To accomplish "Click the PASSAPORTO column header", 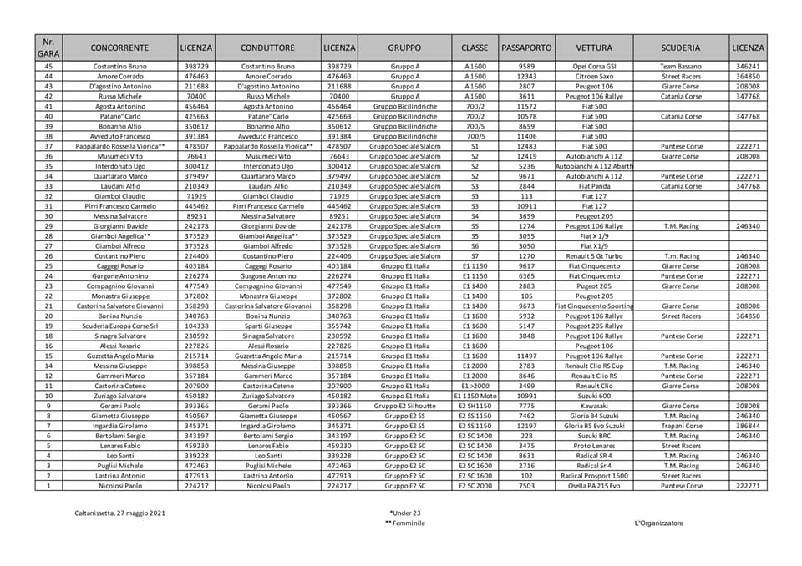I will click(x=526, y=48).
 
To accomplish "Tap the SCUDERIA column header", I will click(x=680, y=48).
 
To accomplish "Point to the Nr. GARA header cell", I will click(x=48, y=48).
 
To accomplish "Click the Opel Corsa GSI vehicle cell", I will click(x=594, y=66).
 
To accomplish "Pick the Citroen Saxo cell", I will click(x=594, y=76).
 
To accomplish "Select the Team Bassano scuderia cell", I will click(x=680, y=66).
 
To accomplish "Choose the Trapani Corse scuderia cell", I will click(x=680, y=425).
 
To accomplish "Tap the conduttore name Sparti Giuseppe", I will click(x=268, y=326).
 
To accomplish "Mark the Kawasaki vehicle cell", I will click(x=594, y=405).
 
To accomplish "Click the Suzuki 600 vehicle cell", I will click(x=594, y=395).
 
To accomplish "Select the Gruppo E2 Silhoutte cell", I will click(x=404, y=405).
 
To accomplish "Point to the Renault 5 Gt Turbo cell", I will click(x=594, y=256).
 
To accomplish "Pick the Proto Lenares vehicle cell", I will click(x=594, y=445).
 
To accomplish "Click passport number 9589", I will click(x=526, y=66).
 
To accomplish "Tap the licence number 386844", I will click(x=748, y=425).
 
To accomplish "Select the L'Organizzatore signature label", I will click(x=658, y=523).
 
